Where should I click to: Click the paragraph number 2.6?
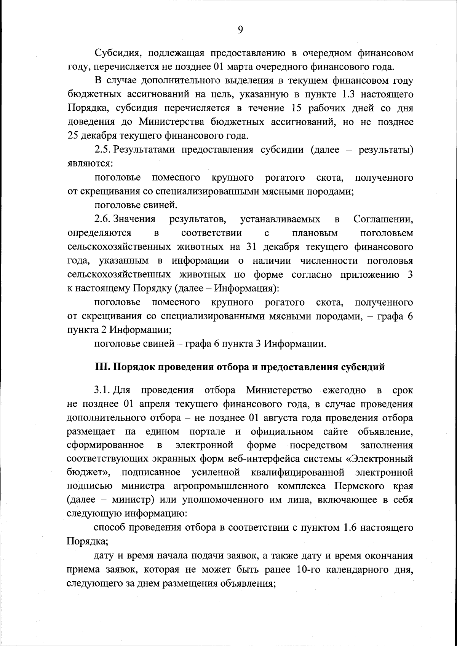tap(102, 219)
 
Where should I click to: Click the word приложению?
tap(372, 275)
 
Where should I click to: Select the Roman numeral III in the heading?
tap(101, 367)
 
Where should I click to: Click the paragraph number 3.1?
tap(102, 390)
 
